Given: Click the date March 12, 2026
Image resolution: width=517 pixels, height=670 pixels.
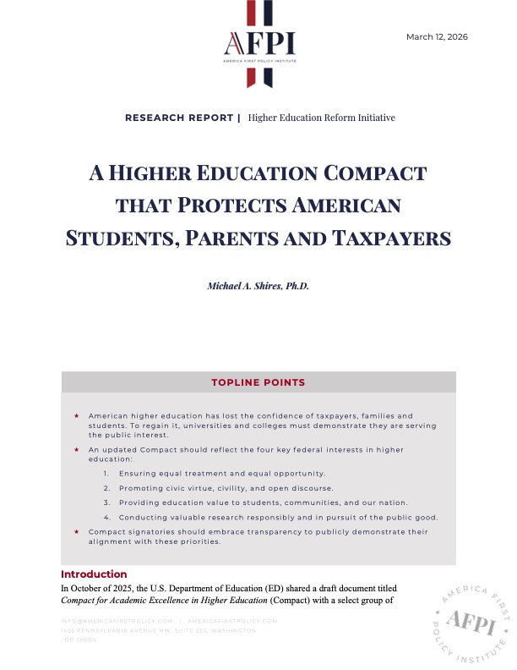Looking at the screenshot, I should pos(437,36).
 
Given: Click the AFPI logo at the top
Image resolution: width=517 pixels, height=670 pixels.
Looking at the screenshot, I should pos(259,43).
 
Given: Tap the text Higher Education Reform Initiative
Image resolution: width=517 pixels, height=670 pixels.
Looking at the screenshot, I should pos(322,118).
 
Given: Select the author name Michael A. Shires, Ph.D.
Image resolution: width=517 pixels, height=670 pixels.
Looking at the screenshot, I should pos(258,286).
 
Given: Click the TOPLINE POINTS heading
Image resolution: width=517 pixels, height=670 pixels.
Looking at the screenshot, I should pos(258,382).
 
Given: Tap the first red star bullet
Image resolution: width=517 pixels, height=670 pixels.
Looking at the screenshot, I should pos(76,416).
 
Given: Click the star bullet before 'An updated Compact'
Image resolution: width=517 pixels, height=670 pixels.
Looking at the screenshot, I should pos(76,449).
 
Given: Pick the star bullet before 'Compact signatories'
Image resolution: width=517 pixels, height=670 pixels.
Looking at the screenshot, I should pos(76,531).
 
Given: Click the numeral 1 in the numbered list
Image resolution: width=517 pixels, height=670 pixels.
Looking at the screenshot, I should pos(106,472).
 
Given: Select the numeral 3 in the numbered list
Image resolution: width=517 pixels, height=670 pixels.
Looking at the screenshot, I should pos(106,502).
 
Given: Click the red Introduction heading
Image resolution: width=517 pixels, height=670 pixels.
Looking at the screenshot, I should pos(94,574).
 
